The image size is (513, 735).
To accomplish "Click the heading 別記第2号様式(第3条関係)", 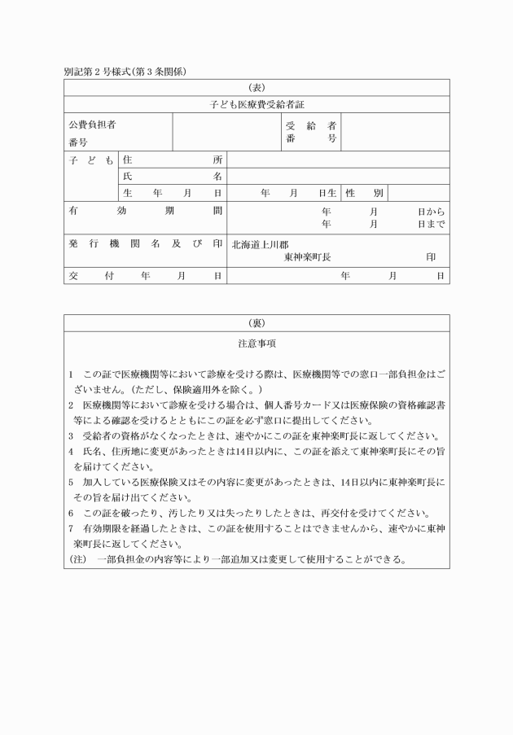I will point(125,72).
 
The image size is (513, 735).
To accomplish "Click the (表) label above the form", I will point(256,87).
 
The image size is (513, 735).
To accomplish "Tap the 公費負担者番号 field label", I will point(92,133).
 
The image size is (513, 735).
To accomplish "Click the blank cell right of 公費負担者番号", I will point(225,133).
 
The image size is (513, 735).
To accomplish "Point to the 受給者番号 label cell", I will point(311,133).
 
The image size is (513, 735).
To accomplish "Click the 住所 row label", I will point(172,160).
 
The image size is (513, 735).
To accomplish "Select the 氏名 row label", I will point(172,176).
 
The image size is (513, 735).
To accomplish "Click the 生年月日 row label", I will point(172,193).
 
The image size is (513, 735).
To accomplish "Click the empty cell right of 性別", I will point(419,193).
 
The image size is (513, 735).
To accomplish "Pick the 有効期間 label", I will point(146,210).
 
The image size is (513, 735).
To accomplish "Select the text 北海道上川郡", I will point(260,244).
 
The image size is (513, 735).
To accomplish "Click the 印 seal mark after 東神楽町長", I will point(431,256).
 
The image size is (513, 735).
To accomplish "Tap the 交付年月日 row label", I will point(146,276).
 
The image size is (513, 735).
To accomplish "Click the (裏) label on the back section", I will point(256,322).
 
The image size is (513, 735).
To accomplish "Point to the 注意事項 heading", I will point(256,343).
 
